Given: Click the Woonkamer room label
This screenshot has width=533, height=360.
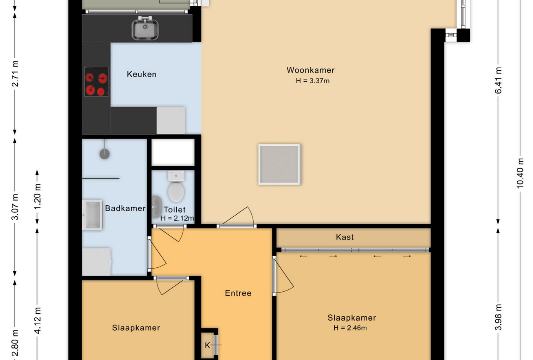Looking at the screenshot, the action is point(310,70).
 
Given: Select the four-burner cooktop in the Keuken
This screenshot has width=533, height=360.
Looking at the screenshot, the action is point(96,82).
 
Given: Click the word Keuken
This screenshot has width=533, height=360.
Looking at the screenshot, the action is point(142,74).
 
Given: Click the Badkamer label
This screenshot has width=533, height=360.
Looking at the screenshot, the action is point(125,208).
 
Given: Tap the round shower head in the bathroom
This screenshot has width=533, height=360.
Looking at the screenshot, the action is point(105,154).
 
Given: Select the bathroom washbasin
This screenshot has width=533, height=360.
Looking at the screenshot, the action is point(93,215).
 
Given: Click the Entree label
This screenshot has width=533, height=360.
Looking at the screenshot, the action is point(238,293).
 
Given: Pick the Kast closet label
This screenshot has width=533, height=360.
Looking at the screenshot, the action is point(345,237).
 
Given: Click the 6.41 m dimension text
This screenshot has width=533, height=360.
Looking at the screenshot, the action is point(498,80).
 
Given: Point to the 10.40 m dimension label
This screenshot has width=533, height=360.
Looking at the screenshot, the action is point(520,173).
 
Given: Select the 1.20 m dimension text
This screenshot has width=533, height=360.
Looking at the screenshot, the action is point(38,197).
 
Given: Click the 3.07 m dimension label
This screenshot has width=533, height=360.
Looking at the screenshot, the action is point(15,207).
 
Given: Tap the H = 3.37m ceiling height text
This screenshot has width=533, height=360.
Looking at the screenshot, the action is point(313,81).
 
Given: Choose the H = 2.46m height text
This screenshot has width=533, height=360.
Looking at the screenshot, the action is point(350,328).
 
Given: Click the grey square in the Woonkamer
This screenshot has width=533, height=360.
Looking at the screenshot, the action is point(279,164).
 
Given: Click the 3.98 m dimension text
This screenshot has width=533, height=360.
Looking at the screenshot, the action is point(498,317).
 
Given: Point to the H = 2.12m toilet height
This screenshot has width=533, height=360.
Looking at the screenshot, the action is point(177,218).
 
